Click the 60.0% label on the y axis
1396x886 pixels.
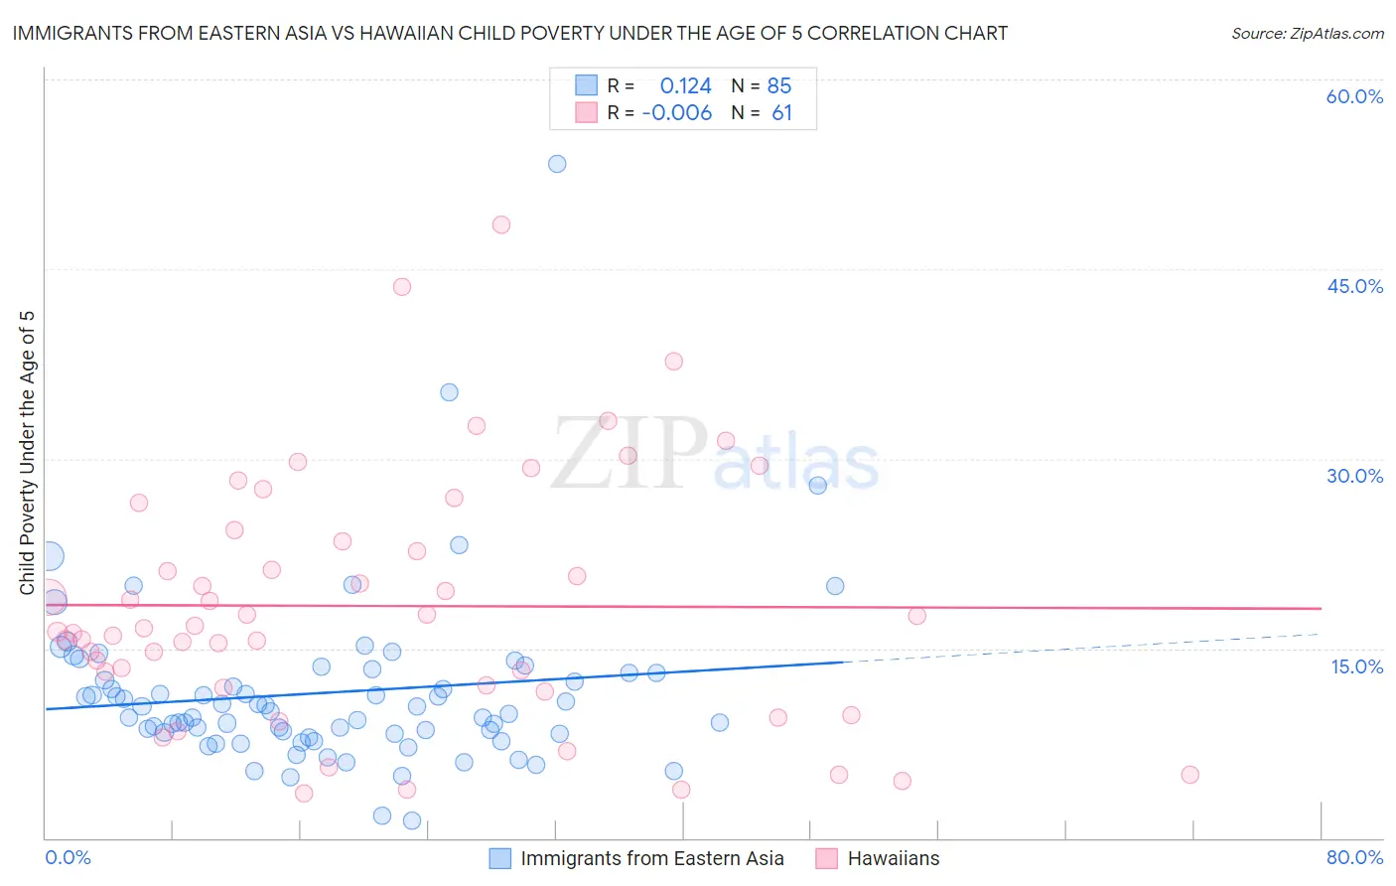(x=1354, y=96)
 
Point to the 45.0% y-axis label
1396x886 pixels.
(x=1354, y=286)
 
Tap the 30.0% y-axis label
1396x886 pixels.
(x=1354, y=476)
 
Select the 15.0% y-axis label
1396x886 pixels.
(x=1356, y=666)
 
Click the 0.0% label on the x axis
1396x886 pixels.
(x=68, y=857)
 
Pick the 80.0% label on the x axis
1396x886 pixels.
(x=1354, y=857)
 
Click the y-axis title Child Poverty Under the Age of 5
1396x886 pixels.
(x=28, y=453)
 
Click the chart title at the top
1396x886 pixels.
(x=509, y=33)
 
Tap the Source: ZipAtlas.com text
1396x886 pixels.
(x=1307, y=33)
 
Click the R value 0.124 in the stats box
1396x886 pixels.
(x=685, y=85)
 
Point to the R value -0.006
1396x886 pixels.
(x=677, y=113)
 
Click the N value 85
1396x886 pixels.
(x=779, y=85)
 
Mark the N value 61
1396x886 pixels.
(x=781, y=113)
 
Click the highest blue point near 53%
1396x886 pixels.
(x=557, y=164)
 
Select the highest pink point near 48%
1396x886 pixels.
(x=501, y=225)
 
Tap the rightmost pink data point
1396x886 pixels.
(x=1189, y=775)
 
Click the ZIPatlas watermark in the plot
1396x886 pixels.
(x=715, y=455)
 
